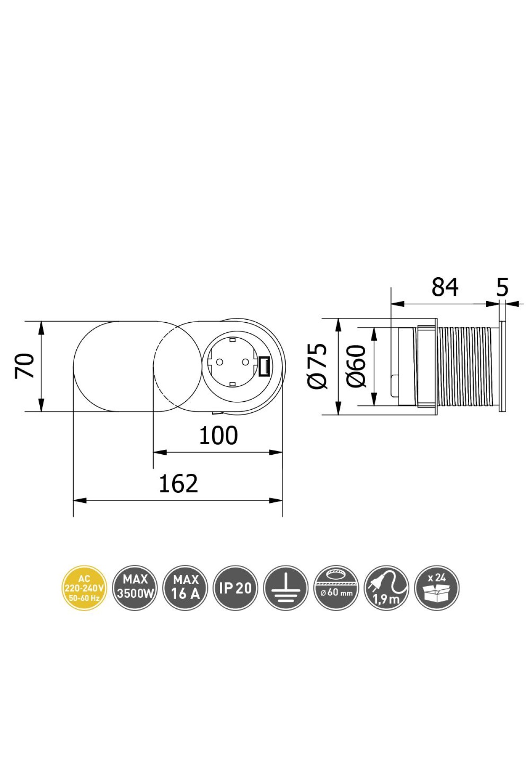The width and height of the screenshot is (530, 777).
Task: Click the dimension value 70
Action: coord(25,365)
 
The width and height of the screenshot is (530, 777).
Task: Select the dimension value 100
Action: coord(218,436)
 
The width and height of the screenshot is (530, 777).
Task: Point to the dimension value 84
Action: coord(445,287)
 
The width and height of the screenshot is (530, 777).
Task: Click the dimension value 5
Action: coord(503,287)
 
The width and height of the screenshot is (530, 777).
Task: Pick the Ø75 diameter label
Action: coord(318,366)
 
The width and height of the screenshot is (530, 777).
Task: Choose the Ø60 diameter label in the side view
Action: coord(356,366)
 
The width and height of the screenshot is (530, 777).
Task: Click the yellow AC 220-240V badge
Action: coord(84,588)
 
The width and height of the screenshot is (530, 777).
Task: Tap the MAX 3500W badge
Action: coord(135,588)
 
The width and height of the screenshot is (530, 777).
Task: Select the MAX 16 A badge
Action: coord(185,588)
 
